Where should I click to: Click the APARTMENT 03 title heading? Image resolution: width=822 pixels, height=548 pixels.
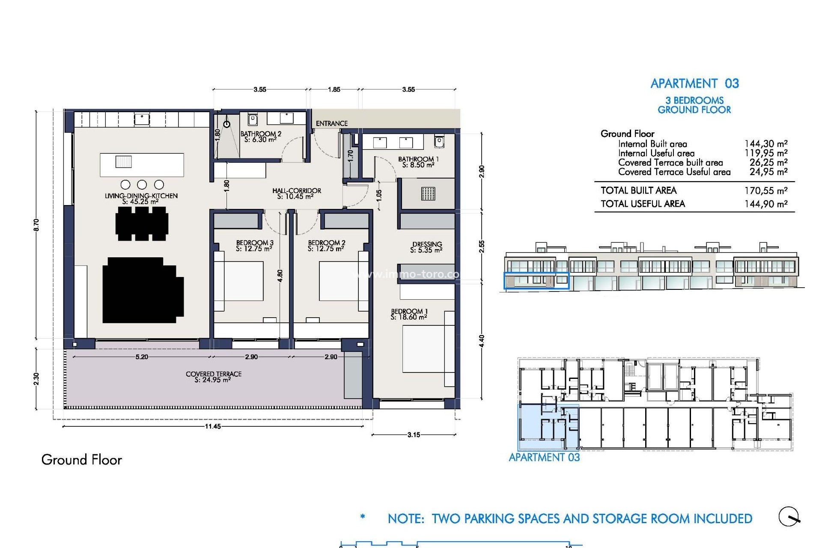click(x=694, y=83)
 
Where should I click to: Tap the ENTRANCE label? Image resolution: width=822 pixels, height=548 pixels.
click(x=331, y=123)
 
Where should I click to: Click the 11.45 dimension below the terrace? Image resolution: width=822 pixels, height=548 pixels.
click(x=213, y=426)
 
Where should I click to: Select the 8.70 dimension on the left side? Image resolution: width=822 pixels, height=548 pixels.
click(x=36, y=225)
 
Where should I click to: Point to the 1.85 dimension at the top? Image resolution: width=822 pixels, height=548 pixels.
click(x=334, y=89)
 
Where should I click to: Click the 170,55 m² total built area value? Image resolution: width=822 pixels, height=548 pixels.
click(x=765, y=191)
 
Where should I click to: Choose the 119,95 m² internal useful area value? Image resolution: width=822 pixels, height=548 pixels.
click(x=765, y=153)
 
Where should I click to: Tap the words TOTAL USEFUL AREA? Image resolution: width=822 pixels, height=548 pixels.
click(x=643, y=204)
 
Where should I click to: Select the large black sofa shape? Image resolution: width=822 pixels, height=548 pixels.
click(x=142, y=290)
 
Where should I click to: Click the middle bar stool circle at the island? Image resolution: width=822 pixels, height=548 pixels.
click(x=142, y=185)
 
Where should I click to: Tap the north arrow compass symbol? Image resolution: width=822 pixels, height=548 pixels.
click(x=789, y=517)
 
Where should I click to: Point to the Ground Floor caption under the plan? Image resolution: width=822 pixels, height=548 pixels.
click(x=81, y=460)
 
